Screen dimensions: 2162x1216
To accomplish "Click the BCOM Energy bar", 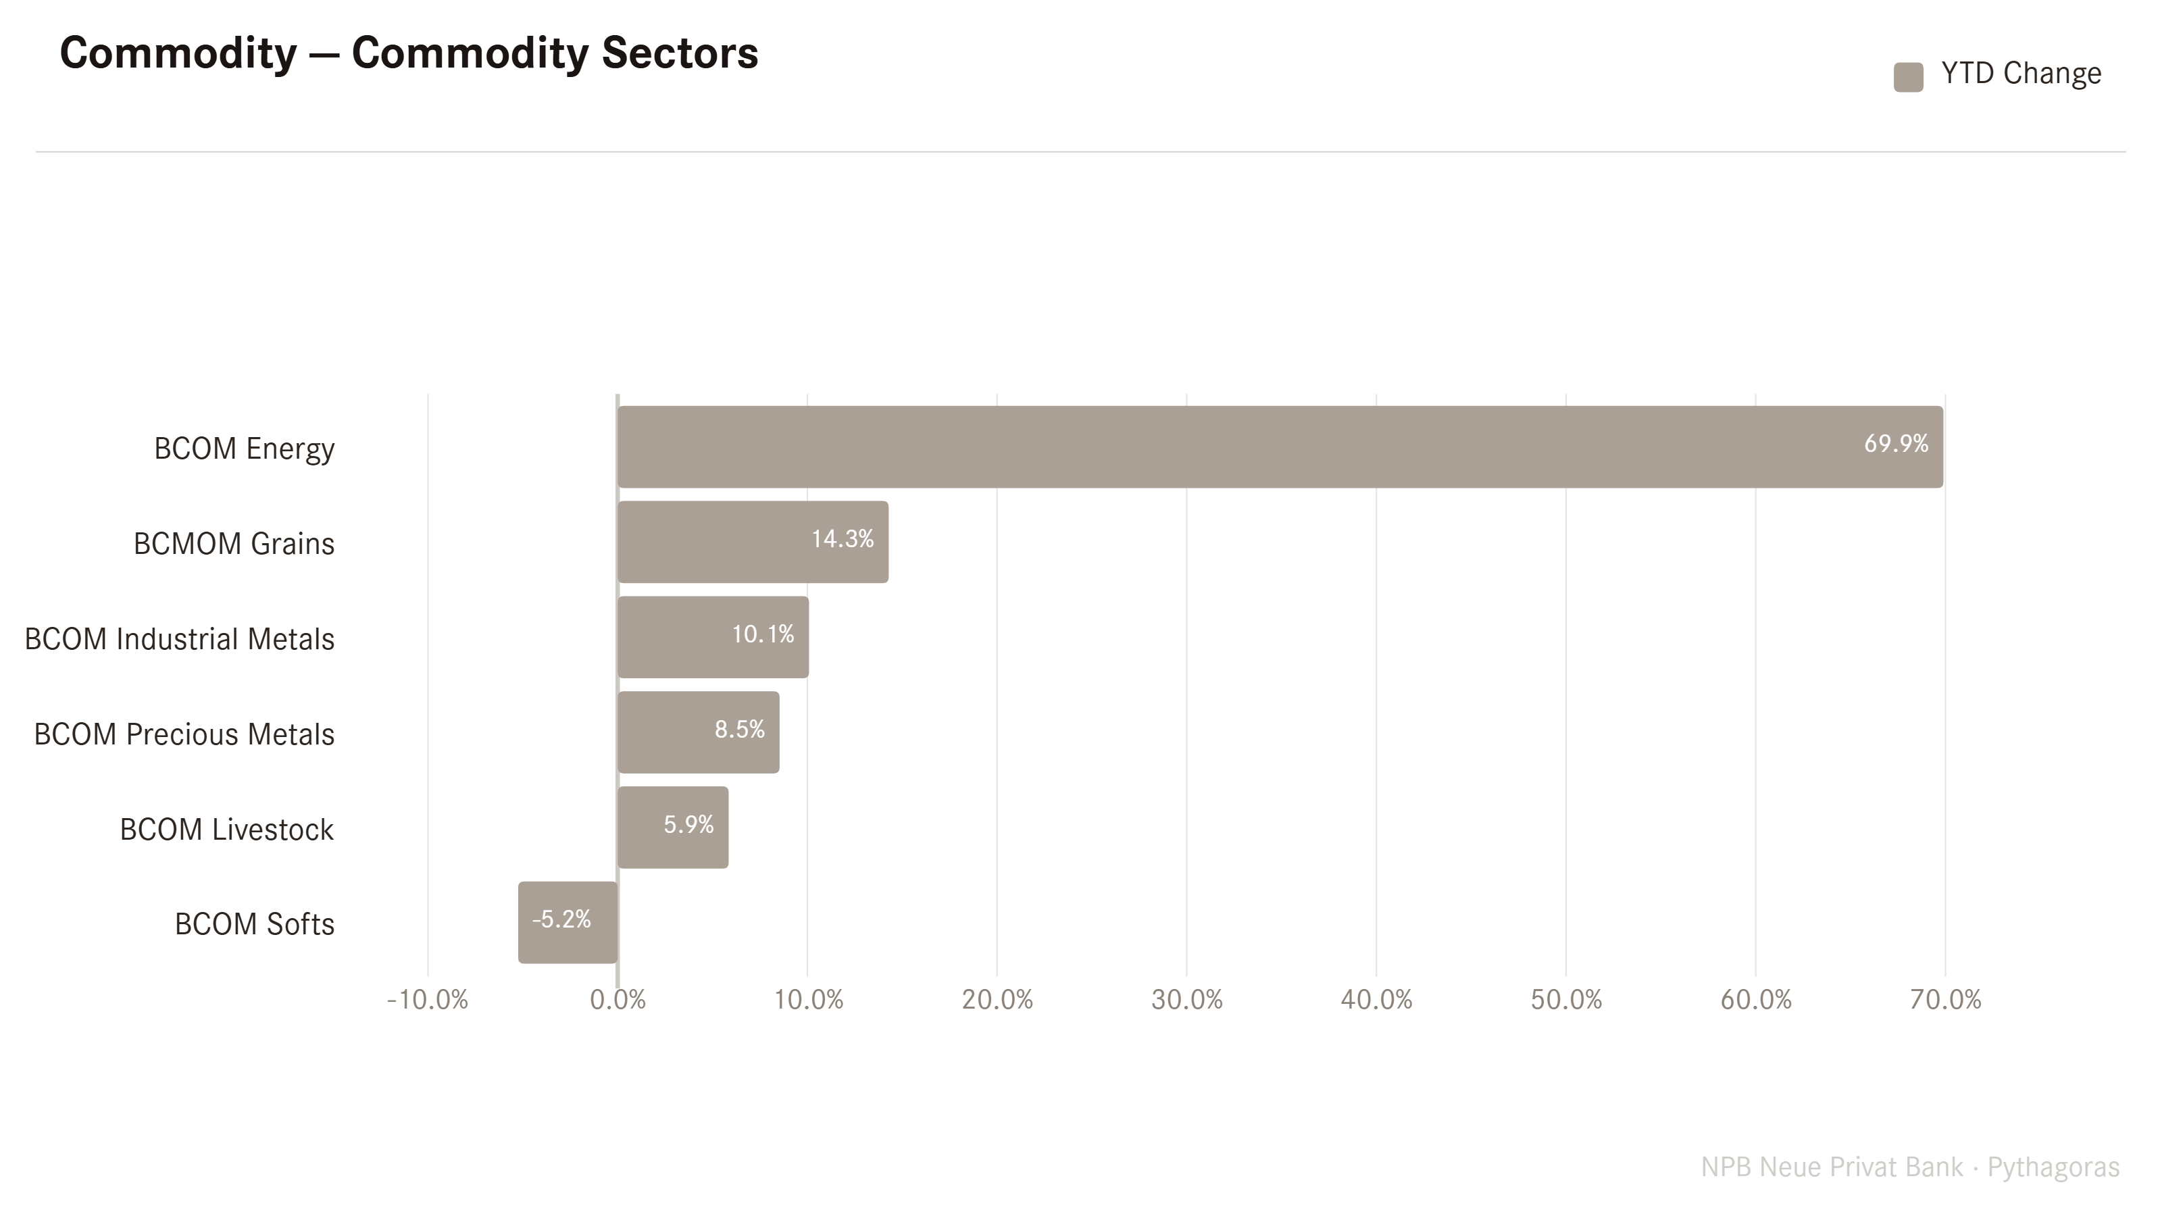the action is pyautogui.click(x=1280, y=447).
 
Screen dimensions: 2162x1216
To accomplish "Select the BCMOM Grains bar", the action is pyautogui.click(x=753, y=542).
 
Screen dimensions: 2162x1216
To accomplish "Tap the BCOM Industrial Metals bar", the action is pyautogui.click(x=713, y=637).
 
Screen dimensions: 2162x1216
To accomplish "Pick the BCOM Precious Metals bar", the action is pyautogui.click(x=699, y=732).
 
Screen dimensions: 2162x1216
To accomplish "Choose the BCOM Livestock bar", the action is pyautogui.click(x=673, y=828).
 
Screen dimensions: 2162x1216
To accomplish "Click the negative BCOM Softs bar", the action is pyautogui.click(x=568, y=922).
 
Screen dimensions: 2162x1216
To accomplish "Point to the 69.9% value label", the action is pyautogui.click(x=1896, y=443).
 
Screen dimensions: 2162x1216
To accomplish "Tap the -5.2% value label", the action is pyautogui.click(x=561, y=919).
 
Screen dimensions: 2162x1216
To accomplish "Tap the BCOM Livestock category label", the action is pyautogui.click(x=226, y=829).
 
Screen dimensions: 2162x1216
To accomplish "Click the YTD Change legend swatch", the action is pyautogui.click(x=1909, y=77).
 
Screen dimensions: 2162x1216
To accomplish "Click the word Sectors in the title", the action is pyautogui.click(x=680, y=53).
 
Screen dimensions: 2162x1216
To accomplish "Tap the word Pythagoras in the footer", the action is pyautogui.click(x=2053, y=1167).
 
